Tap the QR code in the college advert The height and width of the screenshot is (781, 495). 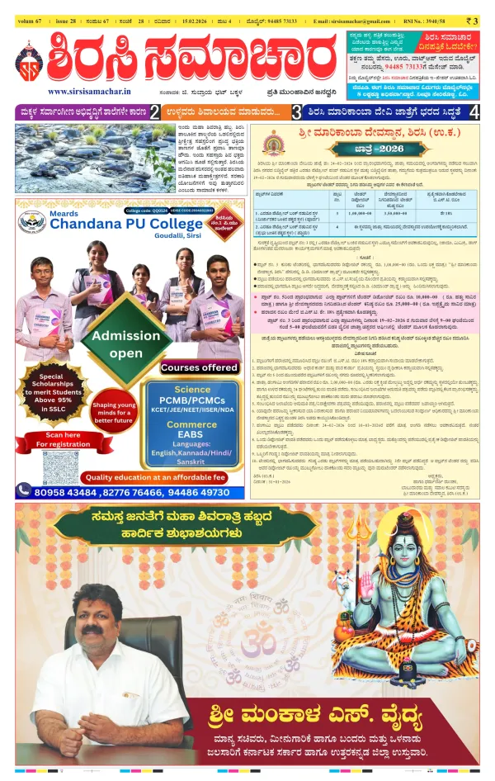[59, 466]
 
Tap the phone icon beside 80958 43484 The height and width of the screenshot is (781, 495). [24, 490]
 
